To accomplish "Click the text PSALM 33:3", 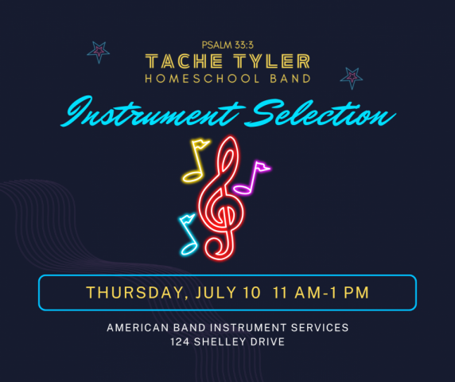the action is click(227, 45).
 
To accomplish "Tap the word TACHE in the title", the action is click(184, 61).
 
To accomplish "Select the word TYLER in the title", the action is click(272, 61).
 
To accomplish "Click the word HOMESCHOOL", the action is click(202, 79).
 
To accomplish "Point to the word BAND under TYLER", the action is click(290, 79).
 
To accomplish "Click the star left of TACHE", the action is click(99, 52).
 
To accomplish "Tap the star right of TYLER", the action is click(352, 78).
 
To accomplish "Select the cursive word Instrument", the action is click(153, 111).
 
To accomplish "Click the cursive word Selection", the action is click(320, 113).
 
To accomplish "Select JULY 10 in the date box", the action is click(228, 293).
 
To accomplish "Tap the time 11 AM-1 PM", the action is click(321, 293).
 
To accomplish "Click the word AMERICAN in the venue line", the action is click(138, 328).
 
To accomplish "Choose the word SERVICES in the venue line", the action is click(320, 328).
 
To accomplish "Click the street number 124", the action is click(180, 342).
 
